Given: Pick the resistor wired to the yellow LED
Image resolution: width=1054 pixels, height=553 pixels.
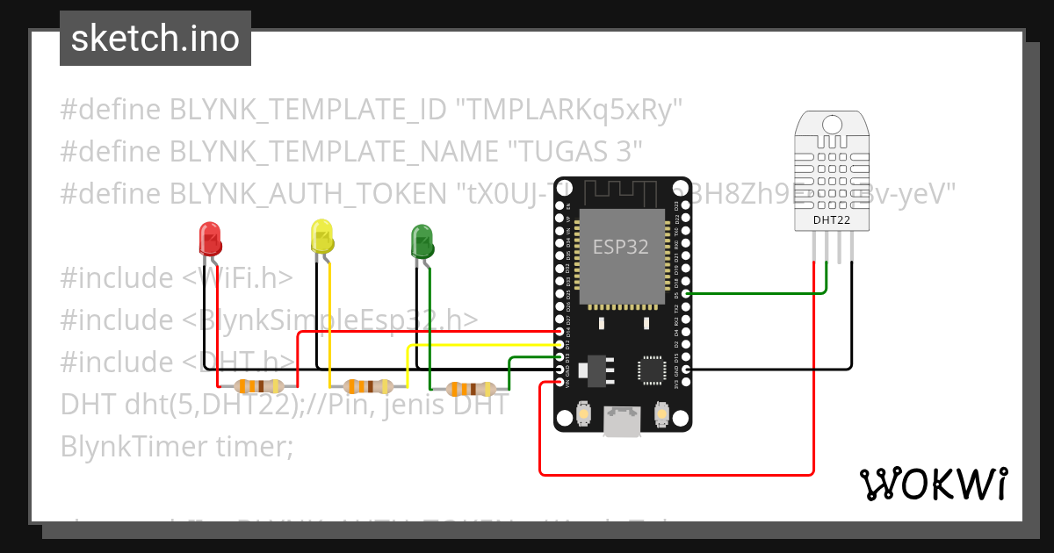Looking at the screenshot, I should [x=368, y=385].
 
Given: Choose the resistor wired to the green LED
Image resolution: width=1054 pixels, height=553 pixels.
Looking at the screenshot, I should [x=471, y=389].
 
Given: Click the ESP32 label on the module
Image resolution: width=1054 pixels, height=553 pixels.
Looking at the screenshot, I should [x=621, y=247].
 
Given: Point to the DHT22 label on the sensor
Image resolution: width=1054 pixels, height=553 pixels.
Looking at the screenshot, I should [x=831, y=220].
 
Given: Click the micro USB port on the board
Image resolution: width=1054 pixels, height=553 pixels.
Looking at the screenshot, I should [x=622, y=420].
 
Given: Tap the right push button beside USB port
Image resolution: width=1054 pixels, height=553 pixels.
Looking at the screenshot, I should [x=662, y=412].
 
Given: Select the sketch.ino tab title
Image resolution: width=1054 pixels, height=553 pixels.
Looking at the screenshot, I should [x=155, y=39].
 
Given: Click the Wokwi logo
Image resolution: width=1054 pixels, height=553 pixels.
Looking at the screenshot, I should [x=933, y=484].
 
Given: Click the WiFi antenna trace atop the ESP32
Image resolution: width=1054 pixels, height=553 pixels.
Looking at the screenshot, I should [x=622, y=190].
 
